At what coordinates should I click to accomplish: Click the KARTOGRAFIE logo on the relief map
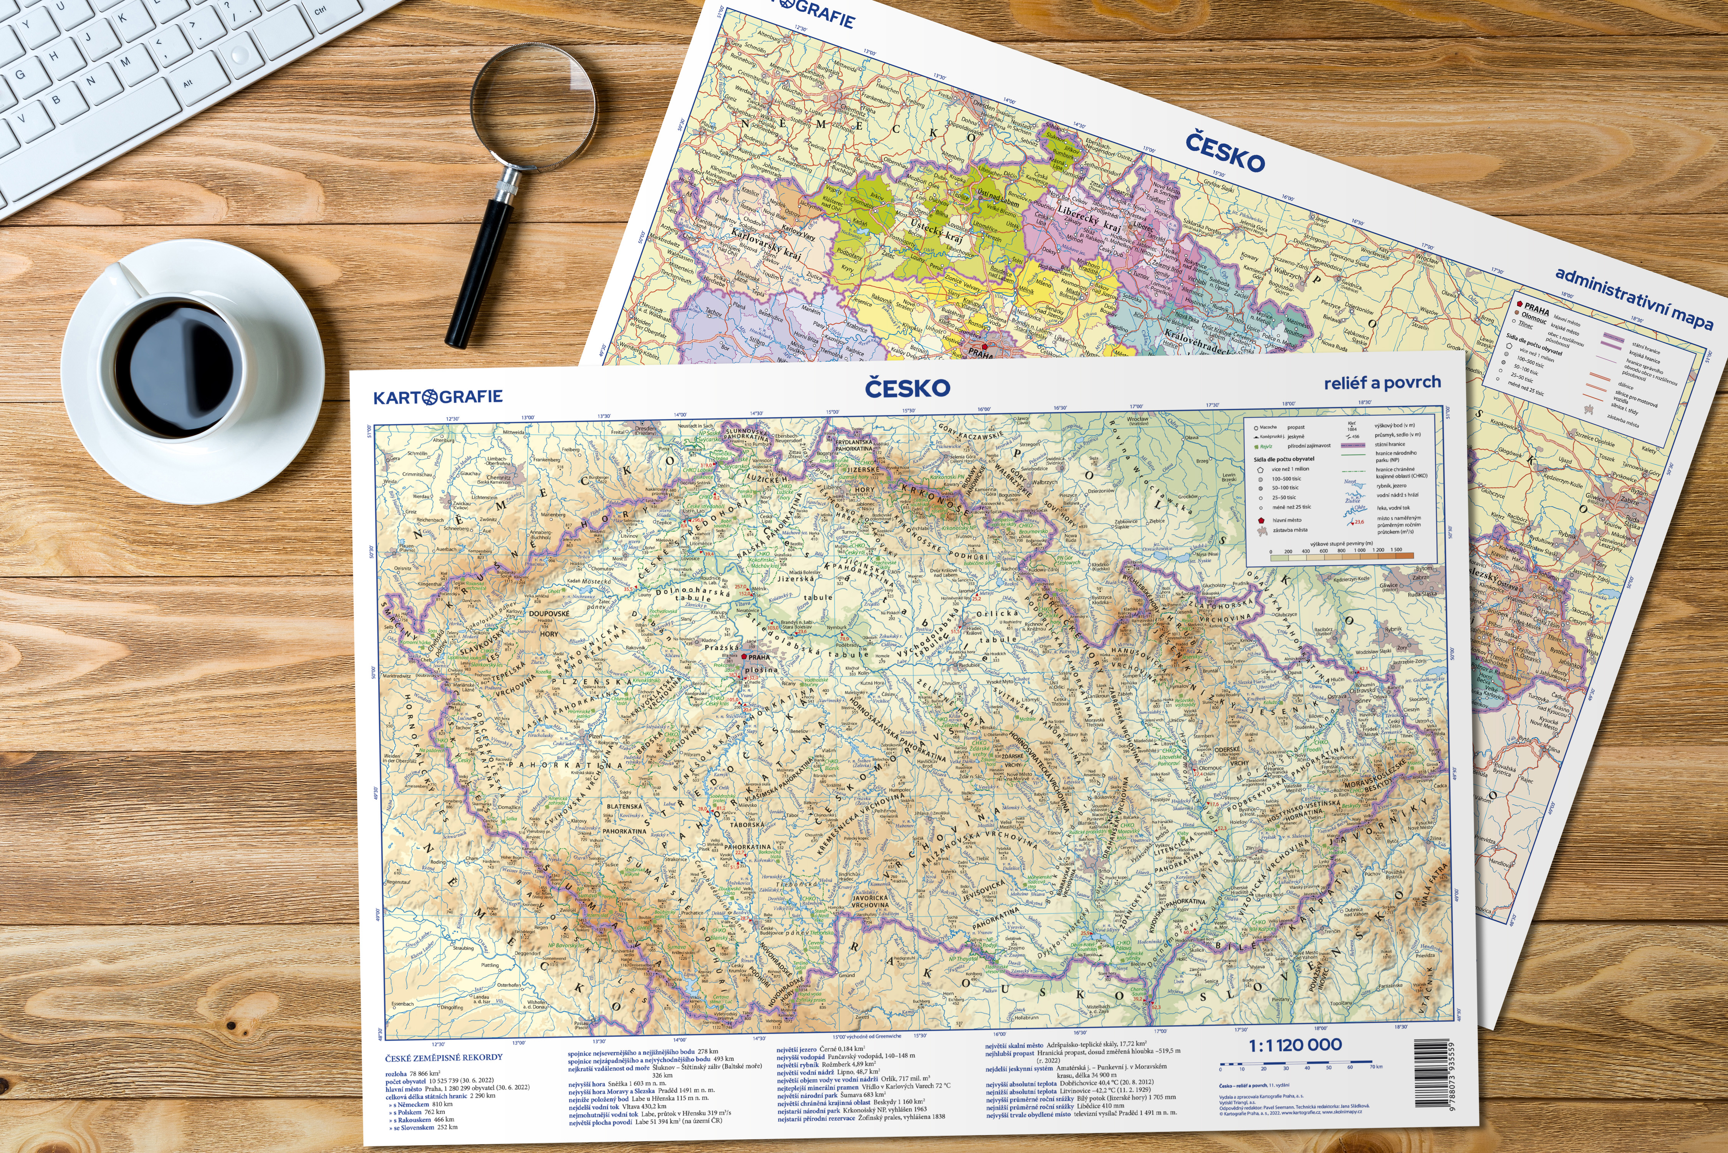pyautogui.click(x=438, y=397)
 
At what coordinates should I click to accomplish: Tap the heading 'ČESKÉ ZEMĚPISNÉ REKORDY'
pyautogui.click(x=444, y=1057)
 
